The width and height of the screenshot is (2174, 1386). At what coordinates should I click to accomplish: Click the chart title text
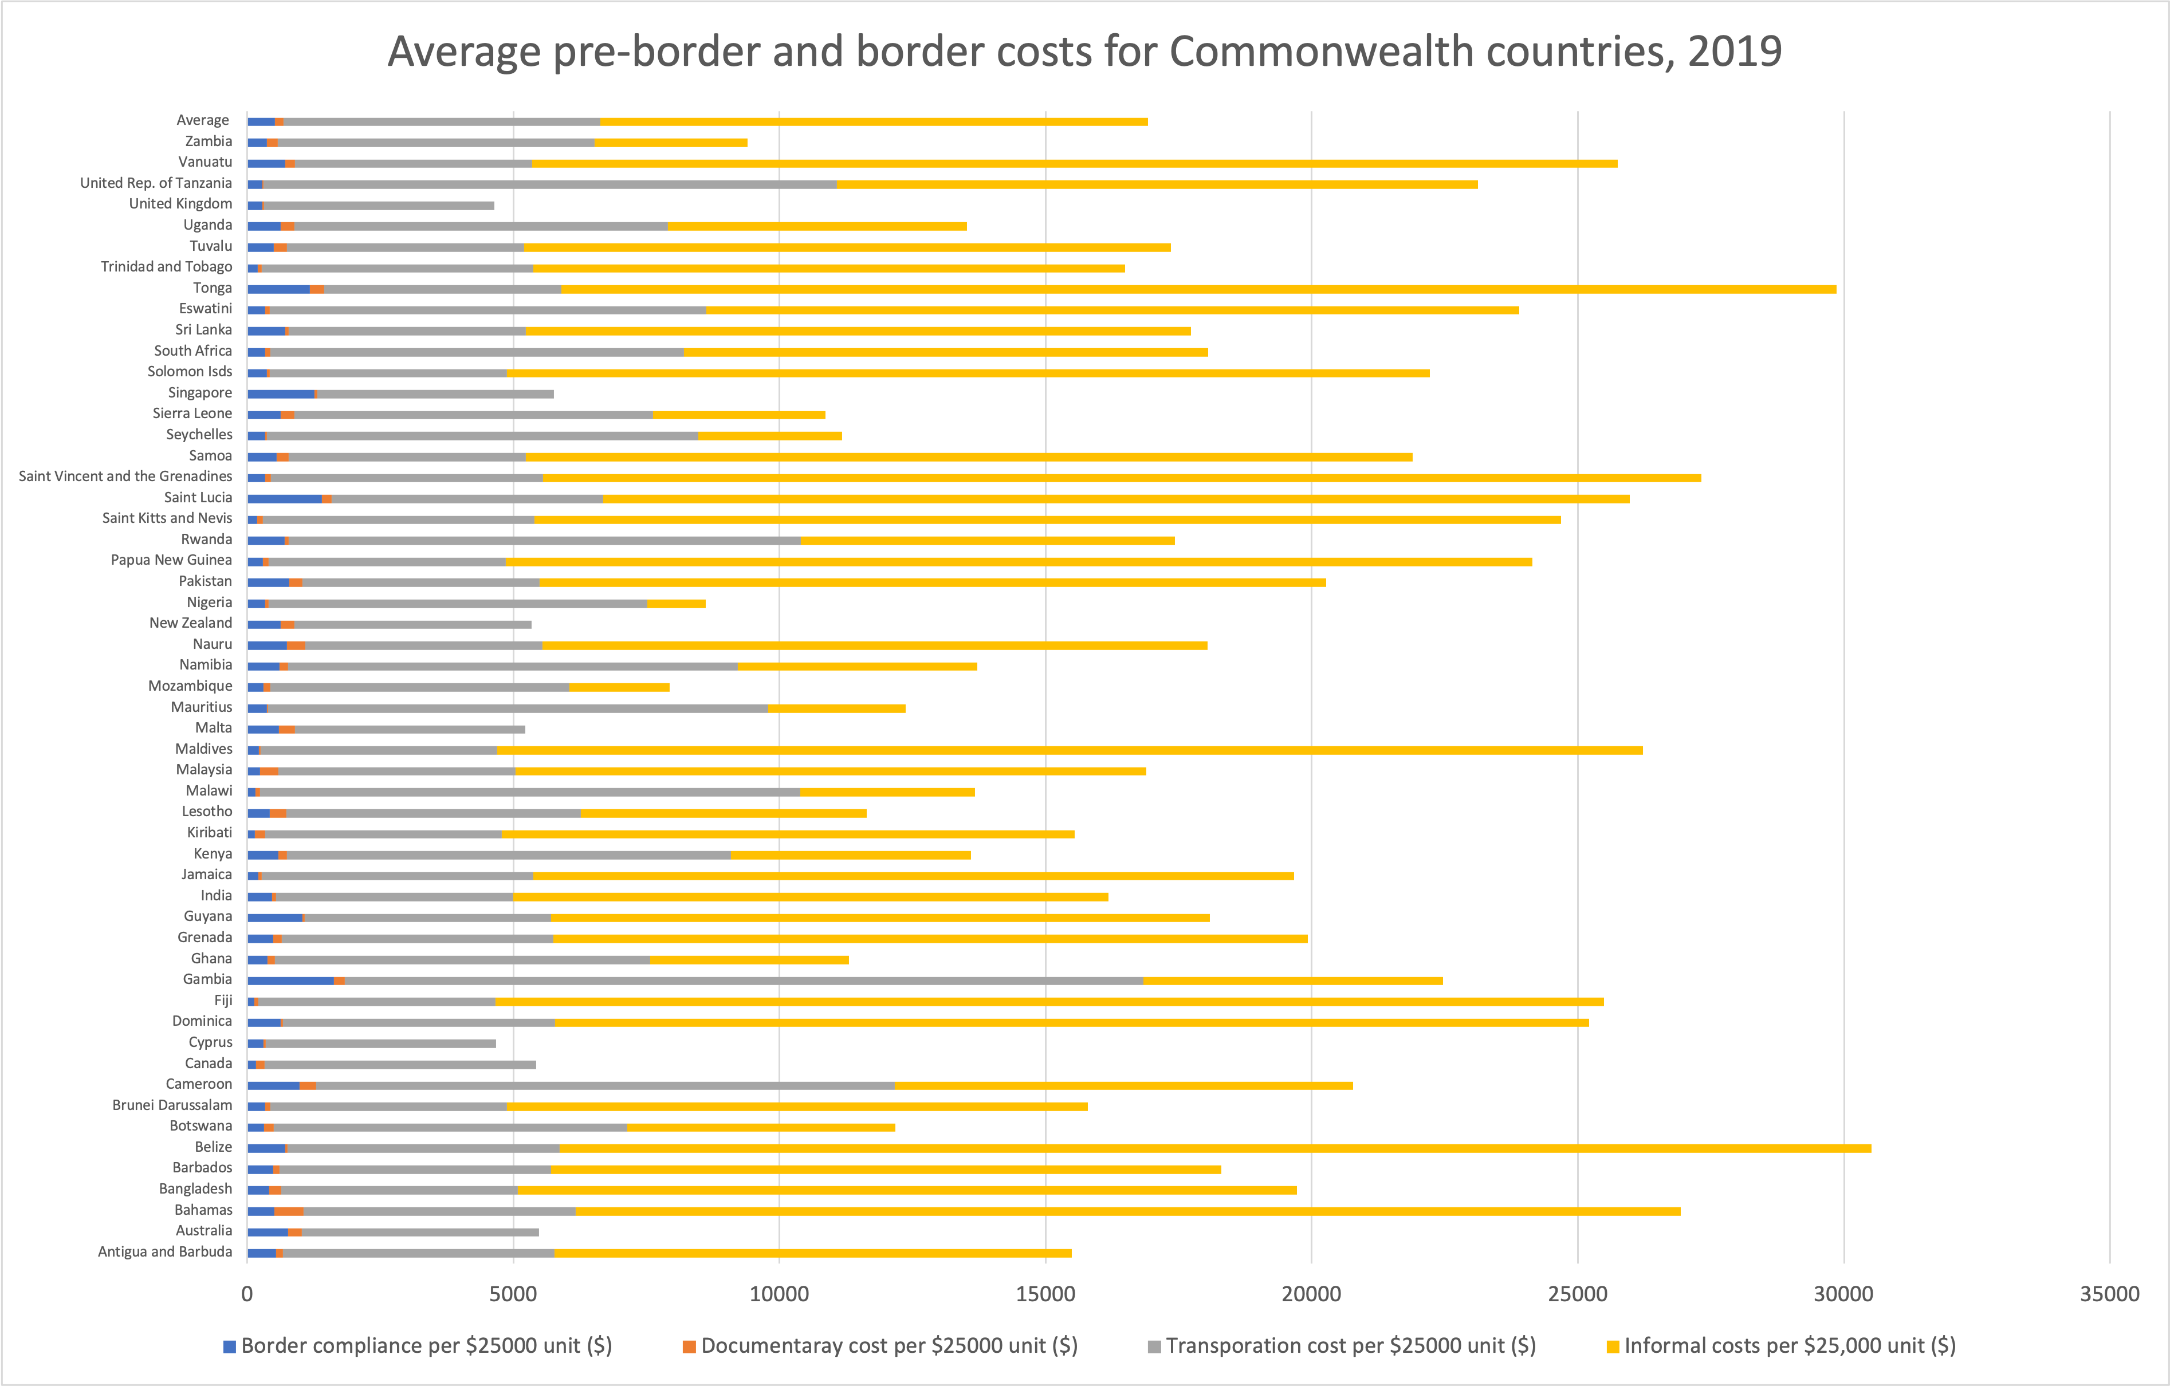coord(1084,52)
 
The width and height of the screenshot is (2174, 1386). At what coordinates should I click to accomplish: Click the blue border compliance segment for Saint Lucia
coord(284,499)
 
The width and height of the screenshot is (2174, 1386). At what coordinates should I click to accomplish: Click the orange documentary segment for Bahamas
coord(289,1211)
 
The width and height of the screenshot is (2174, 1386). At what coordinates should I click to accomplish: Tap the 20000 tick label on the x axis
coord(1311,1294)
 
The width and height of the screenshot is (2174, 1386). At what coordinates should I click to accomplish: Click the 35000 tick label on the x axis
coord(2109,1294)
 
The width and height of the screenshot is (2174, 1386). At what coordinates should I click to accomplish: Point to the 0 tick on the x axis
coord(247,1294)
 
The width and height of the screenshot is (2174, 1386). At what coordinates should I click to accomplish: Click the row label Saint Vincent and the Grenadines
coord(125,477)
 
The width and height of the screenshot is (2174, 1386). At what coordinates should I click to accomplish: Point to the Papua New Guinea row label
coord(171,560)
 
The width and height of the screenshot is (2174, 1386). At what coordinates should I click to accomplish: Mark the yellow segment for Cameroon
coord(1123,1085)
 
